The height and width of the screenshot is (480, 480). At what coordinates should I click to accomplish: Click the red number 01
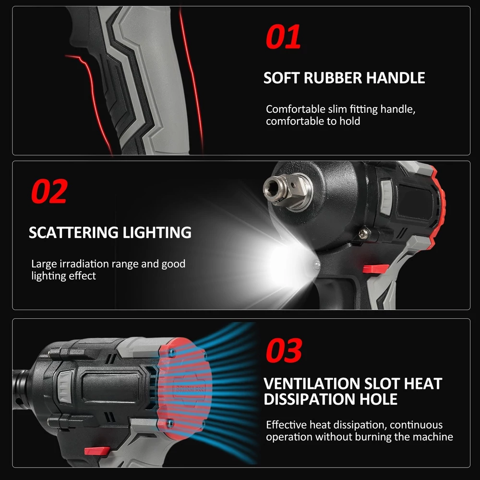pyautogui.click(x=283, y=37)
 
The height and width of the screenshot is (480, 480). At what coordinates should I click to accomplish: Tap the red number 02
pyautogui.click(x=49, y=192)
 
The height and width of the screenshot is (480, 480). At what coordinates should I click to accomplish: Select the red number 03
pyautogui.click(x=284, y=350)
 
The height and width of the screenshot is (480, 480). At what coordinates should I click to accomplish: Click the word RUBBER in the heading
pyautogui.click(x=333, y=78)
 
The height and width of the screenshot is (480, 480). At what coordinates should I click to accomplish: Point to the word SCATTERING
pyautogui.click(x=73, y=232)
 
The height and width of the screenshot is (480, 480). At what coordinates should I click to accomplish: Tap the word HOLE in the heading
pyautogui.click(x=378, y=399)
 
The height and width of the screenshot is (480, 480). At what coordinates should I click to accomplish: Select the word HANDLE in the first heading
pyautogui.click(x=396, y=78)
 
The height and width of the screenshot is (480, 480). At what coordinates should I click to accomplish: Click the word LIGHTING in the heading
pyautogui.click(x=157, y=232)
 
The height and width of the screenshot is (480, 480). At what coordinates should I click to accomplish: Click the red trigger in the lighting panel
pyautogui.click(x=375, y=269)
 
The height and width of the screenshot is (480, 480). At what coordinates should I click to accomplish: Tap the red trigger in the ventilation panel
pyautogui.click(x=97, y=451)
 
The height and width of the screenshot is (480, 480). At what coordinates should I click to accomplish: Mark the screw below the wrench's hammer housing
pyautogui.click(x=364, y=233)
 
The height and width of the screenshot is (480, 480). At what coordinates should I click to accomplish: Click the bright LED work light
pyautogui.click(x=316, y=264)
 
